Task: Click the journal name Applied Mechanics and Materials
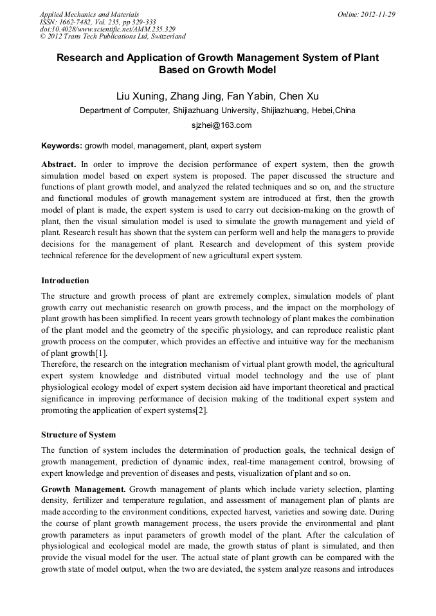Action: click(x=89, y=14)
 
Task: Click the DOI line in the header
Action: click(x=107, y=30)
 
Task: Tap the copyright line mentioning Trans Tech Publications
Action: click(x=113, y=37)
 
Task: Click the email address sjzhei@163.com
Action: click(x=217, y=125)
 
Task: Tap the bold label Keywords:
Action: click(x=62, y=146)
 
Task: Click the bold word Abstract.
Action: click(x=59, y=164)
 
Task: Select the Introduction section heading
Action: click(x=65, y=281)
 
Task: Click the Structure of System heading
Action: click(x=78, y=435)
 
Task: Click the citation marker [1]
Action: click(x=101, y=353)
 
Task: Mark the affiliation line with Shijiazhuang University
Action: click(x=217, y=110)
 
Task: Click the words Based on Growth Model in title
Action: click(x=217, y=70)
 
